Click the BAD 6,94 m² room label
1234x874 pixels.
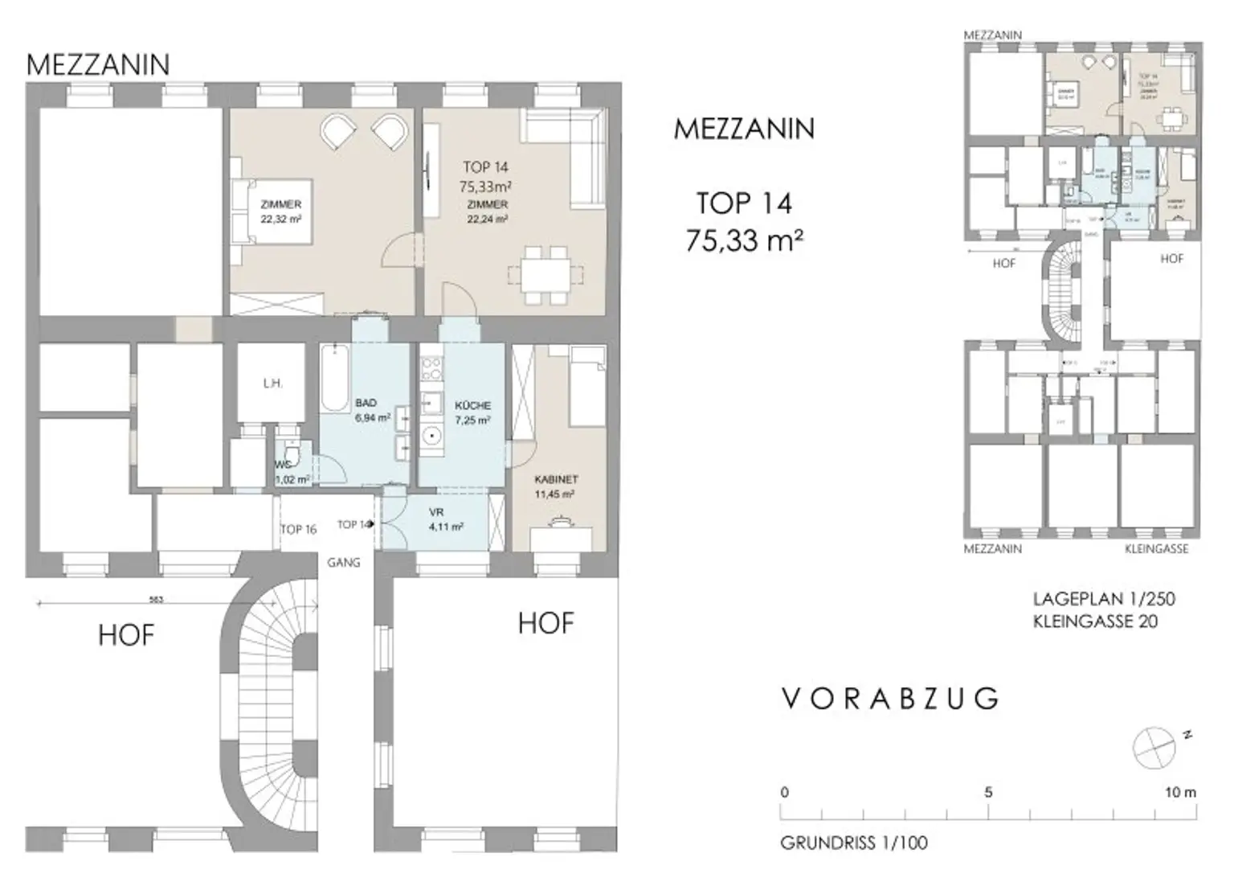[372, 410]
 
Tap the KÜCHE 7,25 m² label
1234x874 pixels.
[472, 412]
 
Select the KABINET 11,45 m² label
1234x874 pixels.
[556, 486]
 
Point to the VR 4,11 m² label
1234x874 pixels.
[445, 519]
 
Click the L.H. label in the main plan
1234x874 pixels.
[272, 384]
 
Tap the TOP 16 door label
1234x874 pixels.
[298, 529]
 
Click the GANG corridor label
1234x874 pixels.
[343, 563]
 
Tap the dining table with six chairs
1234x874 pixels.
[538, 274]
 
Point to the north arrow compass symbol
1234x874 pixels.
[1154, 746]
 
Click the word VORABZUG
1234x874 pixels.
[890, 699]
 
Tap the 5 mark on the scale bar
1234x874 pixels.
[987, 792]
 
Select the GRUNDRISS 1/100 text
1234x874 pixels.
[853, 843]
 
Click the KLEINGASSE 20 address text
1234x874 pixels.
[1095, 621]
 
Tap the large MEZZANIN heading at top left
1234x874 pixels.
[98, 64]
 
